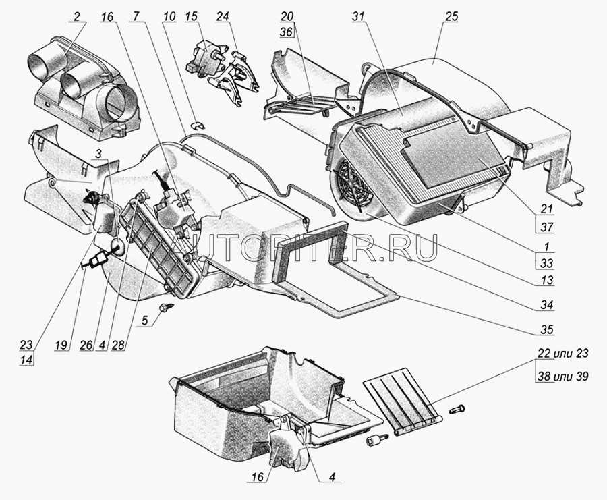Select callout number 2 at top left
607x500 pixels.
point(77,17)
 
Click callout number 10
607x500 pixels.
point(169,17)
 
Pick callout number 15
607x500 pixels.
point(191,17)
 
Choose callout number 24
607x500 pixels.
point(223,17)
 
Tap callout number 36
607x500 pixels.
point(287,32)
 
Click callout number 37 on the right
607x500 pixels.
point(546,227)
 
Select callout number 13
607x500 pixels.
point(546,279)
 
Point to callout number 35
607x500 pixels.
point(546,329)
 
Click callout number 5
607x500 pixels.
point(144,321)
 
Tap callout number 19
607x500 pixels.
point(61,345)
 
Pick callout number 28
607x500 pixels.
point(118,345)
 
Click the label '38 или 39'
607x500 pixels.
point(562,376)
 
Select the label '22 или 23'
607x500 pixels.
point(562,353)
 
